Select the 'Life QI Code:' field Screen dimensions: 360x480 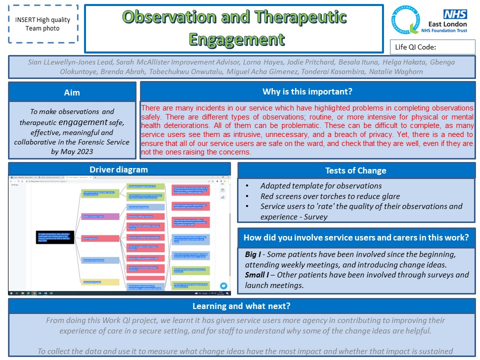432,47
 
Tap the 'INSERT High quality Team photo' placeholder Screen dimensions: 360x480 42,24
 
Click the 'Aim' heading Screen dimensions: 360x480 72,92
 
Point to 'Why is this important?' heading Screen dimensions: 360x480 307,91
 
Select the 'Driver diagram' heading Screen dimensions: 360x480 119,169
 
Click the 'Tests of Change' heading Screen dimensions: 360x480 355,170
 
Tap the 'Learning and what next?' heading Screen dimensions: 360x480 241,306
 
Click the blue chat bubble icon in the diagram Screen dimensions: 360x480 223,286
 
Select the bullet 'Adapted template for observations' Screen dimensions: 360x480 321,186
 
